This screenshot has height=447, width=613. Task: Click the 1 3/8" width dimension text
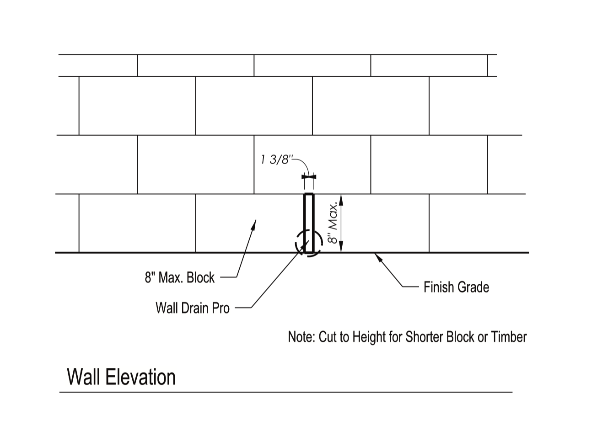pyautogui.click(x=275, y=160)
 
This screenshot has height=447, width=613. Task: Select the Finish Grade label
pyautogui.click(x=456, y=287)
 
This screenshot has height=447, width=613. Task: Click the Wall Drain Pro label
pyautogui.click(x=193, y=308)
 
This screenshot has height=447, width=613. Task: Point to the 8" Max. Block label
pyautogui.click(x=180, y=277)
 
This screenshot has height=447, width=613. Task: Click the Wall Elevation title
pyautogui.click(x=121, y=378)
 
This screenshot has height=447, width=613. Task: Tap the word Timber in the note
pyautogui.click(x=509, y=337)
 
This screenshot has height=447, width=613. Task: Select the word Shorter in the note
pyautogui.click(x=425, y=337)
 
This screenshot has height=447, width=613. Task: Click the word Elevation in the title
pyautogui.click(x=140, y=378)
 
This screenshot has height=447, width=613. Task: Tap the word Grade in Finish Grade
pyautogui.click(x=473, y=287)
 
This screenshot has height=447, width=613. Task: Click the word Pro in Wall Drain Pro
pyautogui.click(x=221, y=308)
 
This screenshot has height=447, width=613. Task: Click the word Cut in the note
pyautogui.click(x=327, y=337)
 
